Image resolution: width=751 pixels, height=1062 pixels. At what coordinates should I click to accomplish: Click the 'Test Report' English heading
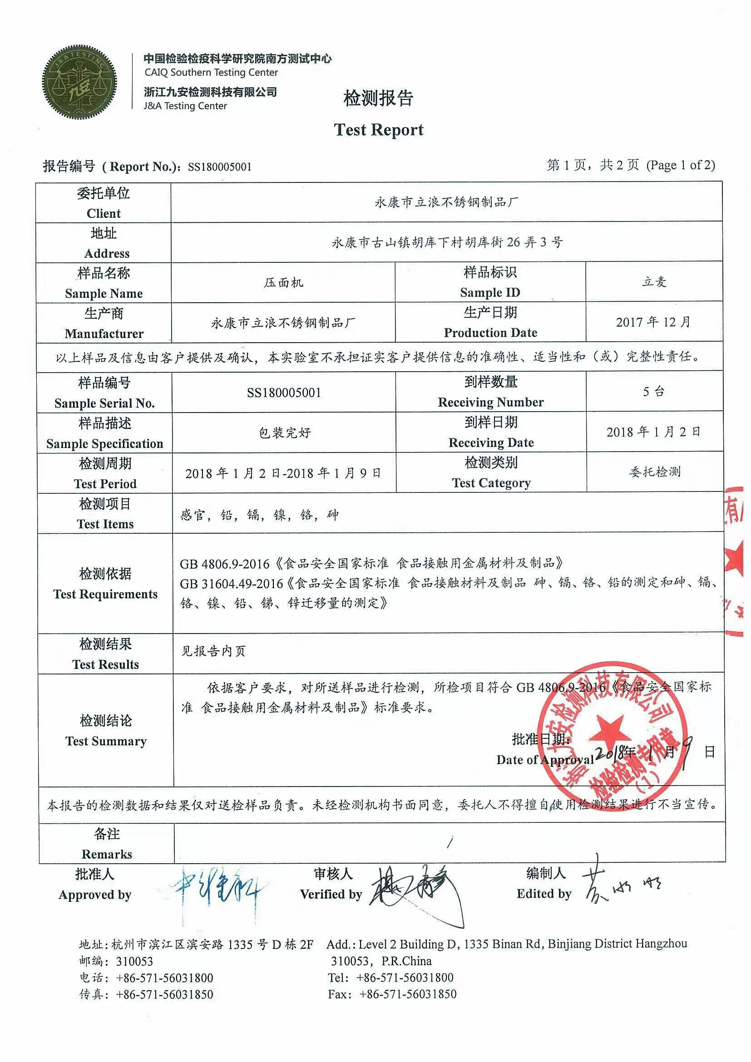click(379, 130)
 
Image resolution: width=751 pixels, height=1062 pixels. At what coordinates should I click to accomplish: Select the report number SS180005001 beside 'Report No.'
click(219, 167)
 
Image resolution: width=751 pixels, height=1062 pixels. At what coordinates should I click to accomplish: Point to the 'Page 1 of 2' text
click(681, 165)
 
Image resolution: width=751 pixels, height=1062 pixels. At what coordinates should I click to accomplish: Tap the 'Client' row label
click(103, 213)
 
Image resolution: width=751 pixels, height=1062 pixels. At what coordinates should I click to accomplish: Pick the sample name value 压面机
click(283, 282)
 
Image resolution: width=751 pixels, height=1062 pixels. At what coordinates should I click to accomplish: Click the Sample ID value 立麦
click(654, 282)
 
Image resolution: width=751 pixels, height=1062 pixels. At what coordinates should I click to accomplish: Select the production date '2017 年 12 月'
click(653, 322)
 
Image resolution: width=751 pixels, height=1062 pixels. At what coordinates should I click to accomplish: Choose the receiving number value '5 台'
click(653, 392)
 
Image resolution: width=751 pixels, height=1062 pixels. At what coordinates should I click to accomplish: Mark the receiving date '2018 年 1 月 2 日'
click(653, 432)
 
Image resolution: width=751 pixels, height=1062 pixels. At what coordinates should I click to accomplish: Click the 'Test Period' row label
click(105, 483)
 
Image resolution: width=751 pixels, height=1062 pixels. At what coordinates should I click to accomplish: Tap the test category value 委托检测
click(655, 472)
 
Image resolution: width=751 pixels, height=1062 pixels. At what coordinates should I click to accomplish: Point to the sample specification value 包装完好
click(284, 433)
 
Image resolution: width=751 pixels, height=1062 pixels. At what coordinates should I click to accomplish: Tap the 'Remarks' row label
click(106, 854)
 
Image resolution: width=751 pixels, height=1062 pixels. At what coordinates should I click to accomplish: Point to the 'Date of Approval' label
click(544, 759)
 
